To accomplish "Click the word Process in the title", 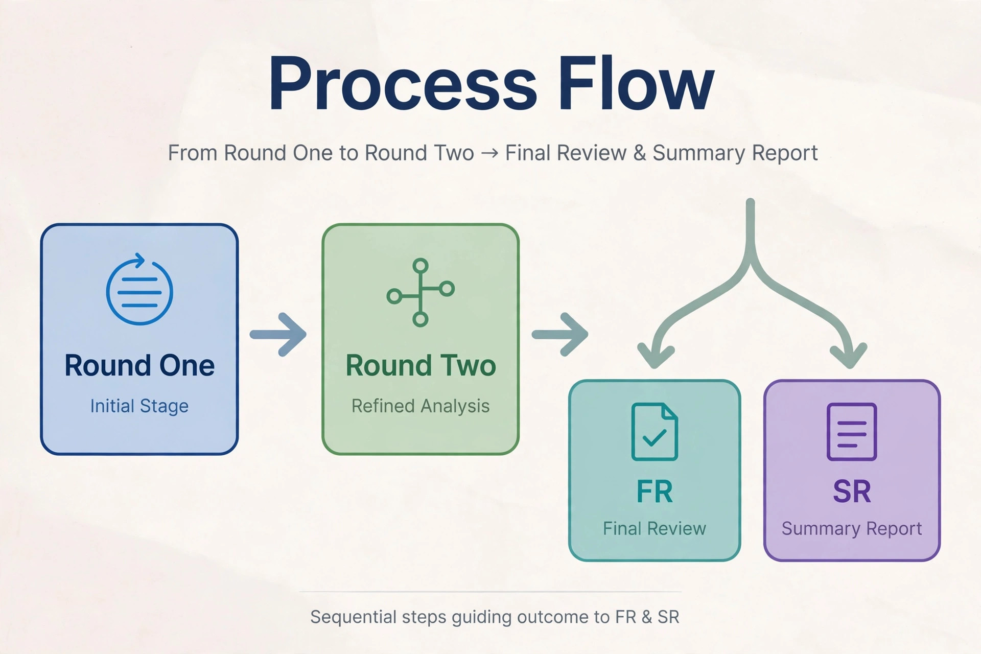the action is (x=403, y=84).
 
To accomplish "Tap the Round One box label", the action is (x=139, y=365).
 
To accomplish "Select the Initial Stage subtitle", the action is (x=139, y=406).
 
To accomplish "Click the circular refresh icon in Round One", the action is (x=139, y=290).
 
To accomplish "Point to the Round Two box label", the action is (x=421, y=365).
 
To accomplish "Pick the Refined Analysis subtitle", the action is (x=421, y=406).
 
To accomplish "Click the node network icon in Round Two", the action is (x=421, y=292).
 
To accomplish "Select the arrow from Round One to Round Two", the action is (x=278, y=334).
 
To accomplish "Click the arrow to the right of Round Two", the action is (x=560, y=334).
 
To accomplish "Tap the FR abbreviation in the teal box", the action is (x=655, y=492).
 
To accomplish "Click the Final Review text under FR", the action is (x=655, y=528).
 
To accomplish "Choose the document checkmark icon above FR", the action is (x=655, y=432).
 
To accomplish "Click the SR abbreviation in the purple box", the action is (x=852, y=492).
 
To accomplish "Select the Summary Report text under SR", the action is (x=852, y=529).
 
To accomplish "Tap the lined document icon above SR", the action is (x=852, y=432).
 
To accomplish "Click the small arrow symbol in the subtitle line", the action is (x=489, y=153).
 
